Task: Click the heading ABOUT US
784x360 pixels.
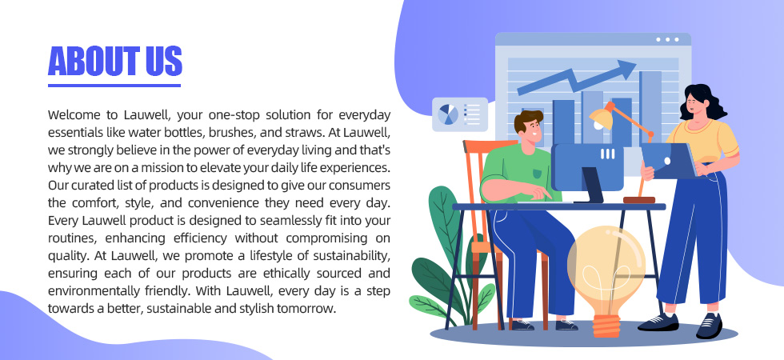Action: [115, 61]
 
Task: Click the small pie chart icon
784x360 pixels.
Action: [448, 114]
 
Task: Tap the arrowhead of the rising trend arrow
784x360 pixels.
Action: [625, 69]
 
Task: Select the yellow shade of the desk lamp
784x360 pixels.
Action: [601, 118]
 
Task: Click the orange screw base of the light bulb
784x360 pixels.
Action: [606, 326]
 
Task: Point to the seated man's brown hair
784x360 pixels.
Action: [528, 119]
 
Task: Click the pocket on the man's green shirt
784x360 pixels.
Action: [537, 174]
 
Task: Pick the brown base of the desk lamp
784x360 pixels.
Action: [639, 200]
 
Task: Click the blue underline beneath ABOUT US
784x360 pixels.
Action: [114, 86]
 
